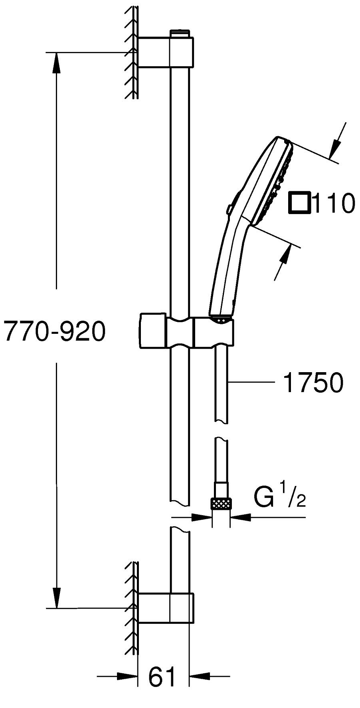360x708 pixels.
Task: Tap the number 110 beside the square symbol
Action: click(x=334, y=203)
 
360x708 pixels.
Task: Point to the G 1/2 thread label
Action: click(x=279, y=497)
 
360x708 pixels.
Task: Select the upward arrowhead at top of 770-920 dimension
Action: click(x=57, y=62)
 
